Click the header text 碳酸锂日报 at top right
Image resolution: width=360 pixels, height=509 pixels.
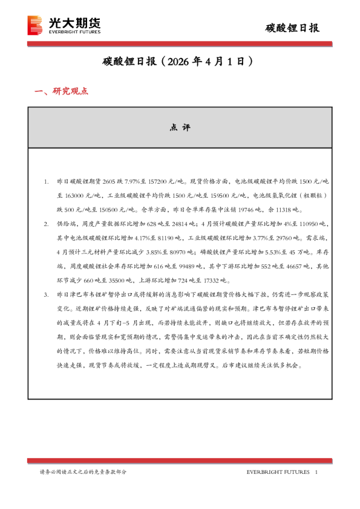pos(293,28)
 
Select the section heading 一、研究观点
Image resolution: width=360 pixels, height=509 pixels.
pos(62,91)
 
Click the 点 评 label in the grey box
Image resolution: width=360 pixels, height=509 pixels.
pos(180,128)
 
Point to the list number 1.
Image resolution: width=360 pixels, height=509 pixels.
pos(46,181)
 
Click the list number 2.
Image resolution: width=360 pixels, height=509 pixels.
pos(46,224)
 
